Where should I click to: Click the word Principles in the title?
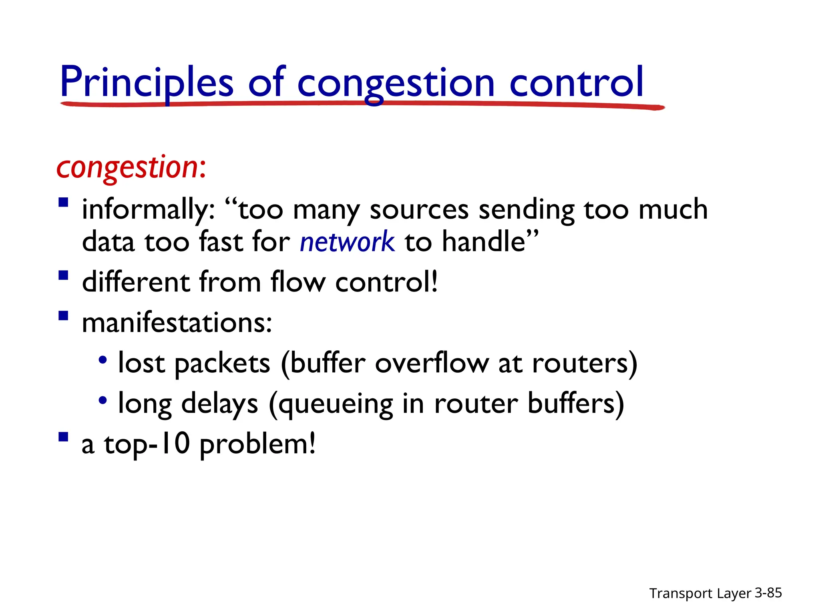(147, 82)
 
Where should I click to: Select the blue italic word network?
(347, 242)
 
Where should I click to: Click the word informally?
(148, 210)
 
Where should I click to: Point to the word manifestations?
(177, 323)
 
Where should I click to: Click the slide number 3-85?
(768, 593)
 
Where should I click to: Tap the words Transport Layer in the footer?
(700, 593)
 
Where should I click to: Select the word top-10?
(147, 444)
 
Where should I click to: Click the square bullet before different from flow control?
(63, 275)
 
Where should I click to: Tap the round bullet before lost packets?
(103, 360)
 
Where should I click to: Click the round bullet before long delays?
(103, 400)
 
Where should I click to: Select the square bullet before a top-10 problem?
(63, 436)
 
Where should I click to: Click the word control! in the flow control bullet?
(386, 282)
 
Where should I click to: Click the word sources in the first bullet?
(419, 210)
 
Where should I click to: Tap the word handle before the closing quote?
(484, 242)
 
